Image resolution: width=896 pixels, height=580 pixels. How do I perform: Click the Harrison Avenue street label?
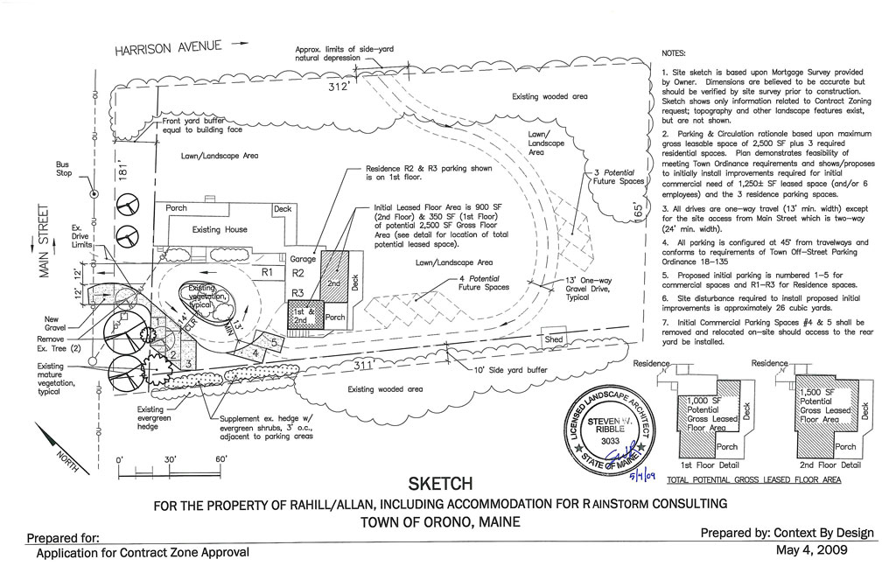click(170, 47)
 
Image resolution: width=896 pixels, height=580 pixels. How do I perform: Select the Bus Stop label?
click(63, 168)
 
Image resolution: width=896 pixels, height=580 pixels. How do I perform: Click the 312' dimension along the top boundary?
click(338, 87)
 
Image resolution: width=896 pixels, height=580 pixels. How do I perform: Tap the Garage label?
click(302, 260)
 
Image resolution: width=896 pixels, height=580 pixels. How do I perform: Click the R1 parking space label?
click(268, 273)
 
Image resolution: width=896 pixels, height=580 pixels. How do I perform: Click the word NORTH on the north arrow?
click(67, 456)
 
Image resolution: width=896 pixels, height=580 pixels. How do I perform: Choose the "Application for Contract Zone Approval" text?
click(143, 553)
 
